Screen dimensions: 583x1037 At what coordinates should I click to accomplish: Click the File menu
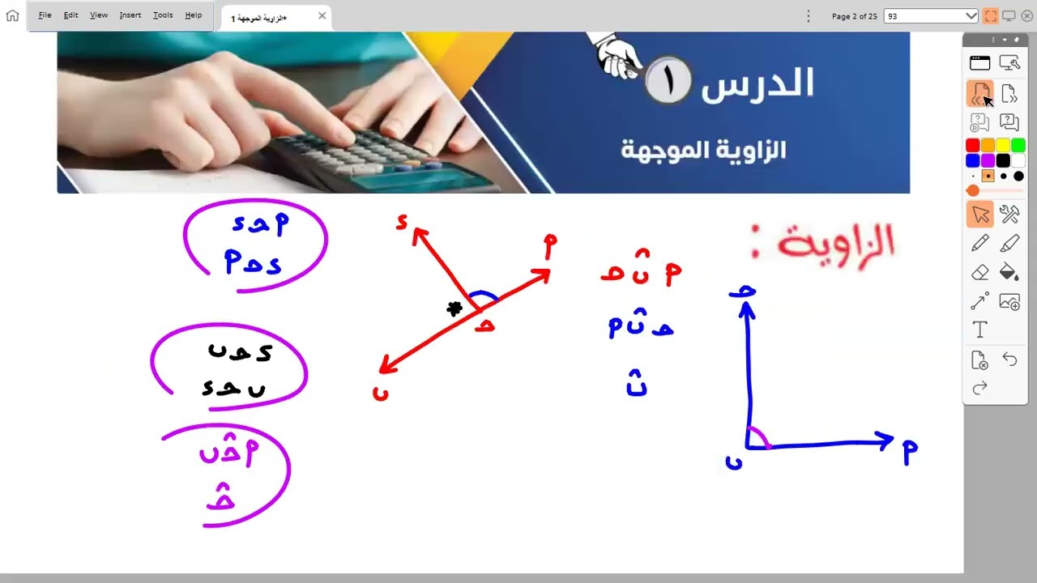tap(45, 15)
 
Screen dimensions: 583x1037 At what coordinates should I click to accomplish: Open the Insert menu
tap(130, 15)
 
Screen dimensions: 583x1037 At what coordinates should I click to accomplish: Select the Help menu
tap(193, 15)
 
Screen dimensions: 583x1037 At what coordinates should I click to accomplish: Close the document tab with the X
tap(322, 16)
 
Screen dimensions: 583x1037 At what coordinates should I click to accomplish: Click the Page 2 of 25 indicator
tap(854, 16)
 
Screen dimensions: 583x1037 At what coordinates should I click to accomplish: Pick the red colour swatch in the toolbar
tap(972, 146)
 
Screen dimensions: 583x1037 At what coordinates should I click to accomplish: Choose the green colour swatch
tap(1018, 146)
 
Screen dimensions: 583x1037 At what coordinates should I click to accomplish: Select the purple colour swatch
tap(988, 160)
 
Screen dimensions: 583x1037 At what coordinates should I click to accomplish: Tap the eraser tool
tap(979, 272)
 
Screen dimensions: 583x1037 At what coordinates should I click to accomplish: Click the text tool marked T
tap(979, 330)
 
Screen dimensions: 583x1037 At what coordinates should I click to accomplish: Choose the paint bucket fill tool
tap(1009, 272)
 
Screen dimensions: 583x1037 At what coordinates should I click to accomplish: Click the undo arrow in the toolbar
tap(1009, 359)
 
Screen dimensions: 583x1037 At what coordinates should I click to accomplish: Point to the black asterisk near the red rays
tap(454, 309)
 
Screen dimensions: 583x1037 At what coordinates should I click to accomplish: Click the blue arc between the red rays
tap(484, 296)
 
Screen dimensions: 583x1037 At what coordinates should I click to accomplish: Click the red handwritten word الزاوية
tap(834, 242)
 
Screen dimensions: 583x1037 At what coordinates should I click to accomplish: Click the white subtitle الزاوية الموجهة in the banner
tap(703, 150)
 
